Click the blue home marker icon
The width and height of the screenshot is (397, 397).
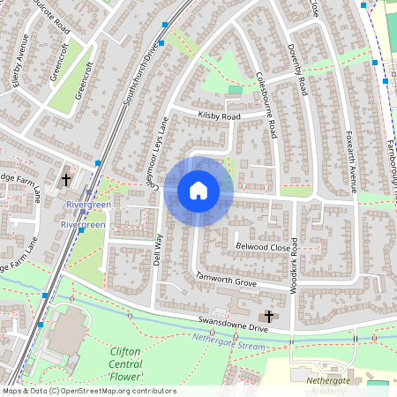coord(198,191)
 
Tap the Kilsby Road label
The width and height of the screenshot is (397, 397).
coord(220,116)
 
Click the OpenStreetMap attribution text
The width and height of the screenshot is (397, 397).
coord(88,391)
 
